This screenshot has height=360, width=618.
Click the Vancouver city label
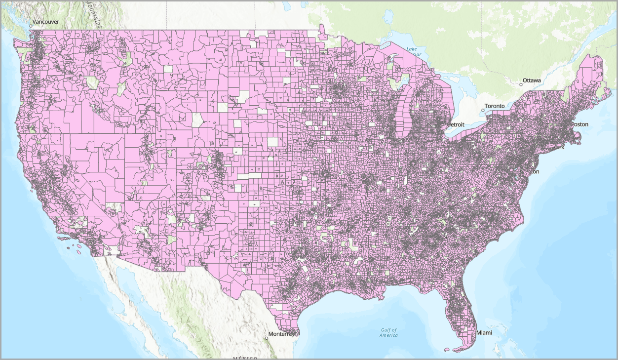[46, 22]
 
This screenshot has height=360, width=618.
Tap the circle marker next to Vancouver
[30, 26]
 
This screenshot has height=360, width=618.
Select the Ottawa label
[532, 80]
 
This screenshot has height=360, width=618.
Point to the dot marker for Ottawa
[520, 84]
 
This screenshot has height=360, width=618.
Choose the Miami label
[484, 332]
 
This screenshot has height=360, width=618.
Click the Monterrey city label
[281, 334]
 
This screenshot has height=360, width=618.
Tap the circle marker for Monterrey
[266, 338]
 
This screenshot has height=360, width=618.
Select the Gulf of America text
[388, 332]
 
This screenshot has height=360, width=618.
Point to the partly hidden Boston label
[579, 124]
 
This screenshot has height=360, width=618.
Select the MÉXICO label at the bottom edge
[245, 358]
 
